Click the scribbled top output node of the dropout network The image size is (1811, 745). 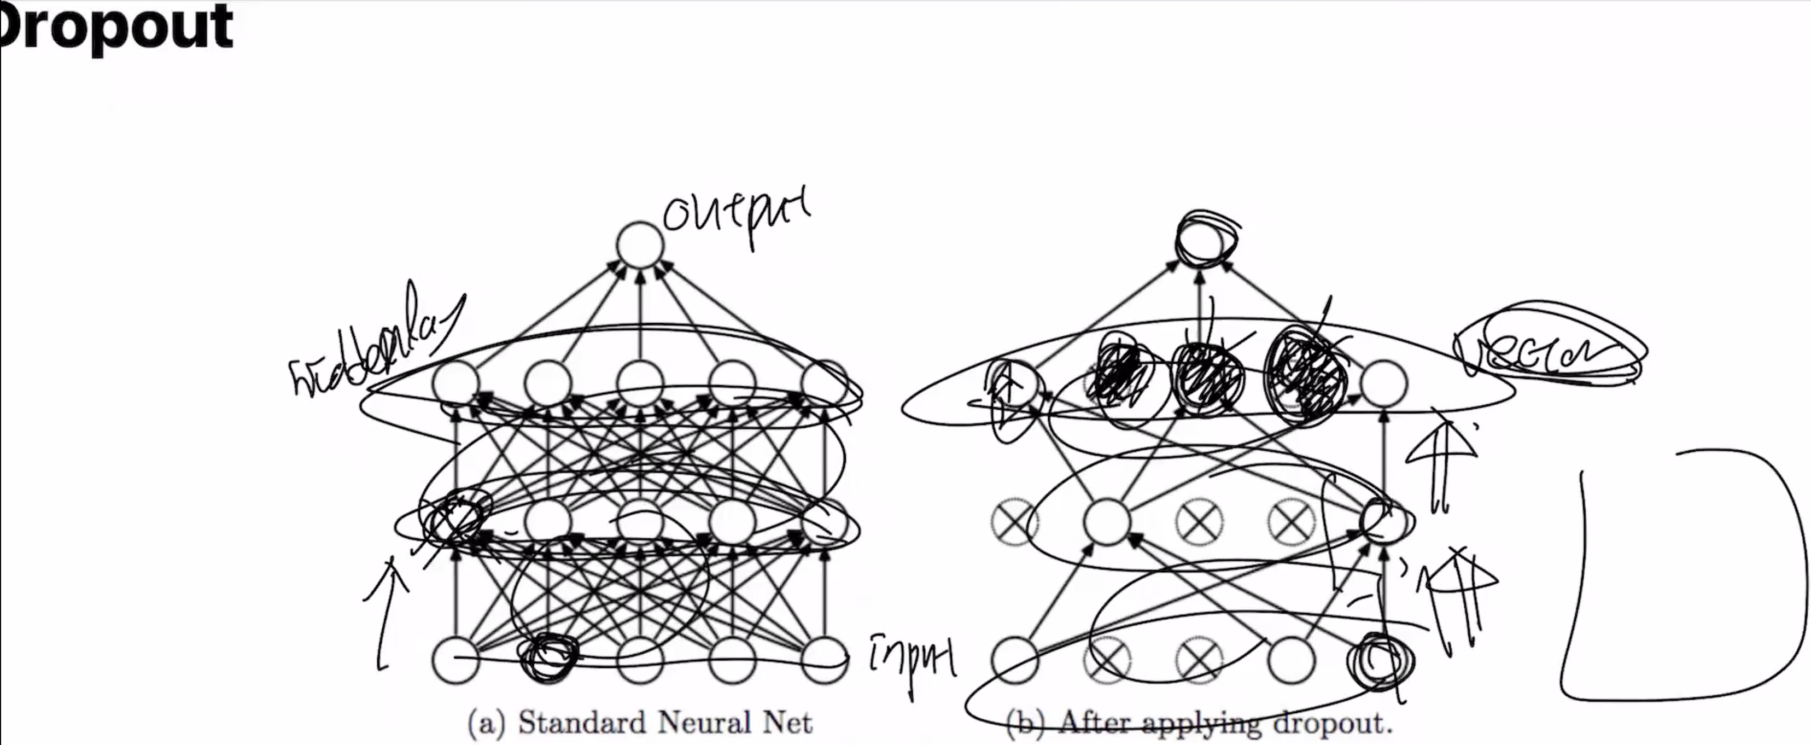pos(1204,241)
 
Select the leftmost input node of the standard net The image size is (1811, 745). pos(455,660)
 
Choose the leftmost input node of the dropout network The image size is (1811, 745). pos(1014,660)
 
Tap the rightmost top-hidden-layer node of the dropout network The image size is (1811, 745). pos(1383,384)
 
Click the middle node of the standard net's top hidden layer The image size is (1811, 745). pos(640,384)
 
